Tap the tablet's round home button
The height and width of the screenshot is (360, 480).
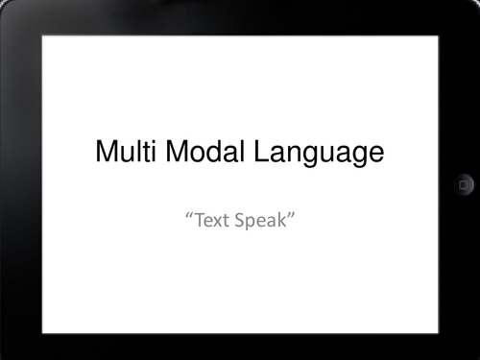pos(464,183)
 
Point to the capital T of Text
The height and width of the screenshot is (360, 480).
pos(196,222)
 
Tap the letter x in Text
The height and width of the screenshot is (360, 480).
pos(214,224)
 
